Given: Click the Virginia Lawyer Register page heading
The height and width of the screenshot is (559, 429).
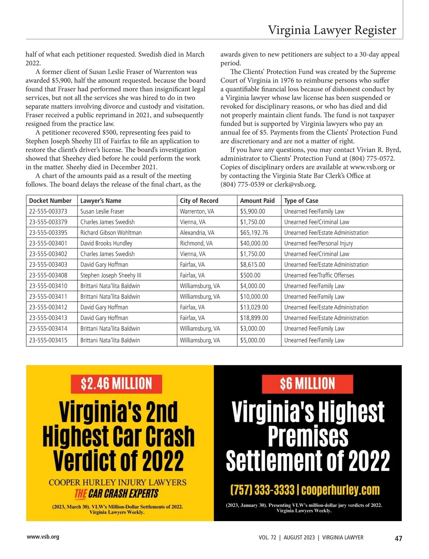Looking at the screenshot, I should tap(332, 30).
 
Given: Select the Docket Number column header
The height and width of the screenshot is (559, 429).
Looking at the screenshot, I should tap(50, 201).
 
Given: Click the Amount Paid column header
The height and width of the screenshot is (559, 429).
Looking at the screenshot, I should tap(257, 201).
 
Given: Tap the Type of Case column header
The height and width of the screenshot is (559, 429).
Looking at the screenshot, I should tap(301, 201).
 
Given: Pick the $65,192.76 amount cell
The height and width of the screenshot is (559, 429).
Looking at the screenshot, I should tap(254, 233).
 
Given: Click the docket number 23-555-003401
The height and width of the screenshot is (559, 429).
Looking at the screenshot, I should tap(48, 243).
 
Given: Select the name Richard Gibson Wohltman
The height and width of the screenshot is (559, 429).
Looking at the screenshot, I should tap(111, 233).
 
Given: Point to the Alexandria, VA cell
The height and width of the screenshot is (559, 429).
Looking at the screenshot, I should tap(197, 233).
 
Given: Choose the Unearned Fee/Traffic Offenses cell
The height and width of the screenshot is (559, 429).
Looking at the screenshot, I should tap(319, 275).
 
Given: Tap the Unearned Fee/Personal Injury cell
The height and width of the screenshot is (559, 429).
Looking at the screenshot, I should tap(318, 243).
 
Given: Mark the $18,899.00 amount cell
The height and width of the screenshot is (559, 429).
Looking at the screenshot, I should tap(254, 318).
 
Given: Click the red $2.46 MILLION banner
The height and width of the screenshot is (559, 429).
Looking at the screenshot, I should tap(116, 384).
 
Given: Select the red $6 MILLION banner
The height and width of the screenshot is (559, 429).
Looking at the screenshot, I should tap(307, 384).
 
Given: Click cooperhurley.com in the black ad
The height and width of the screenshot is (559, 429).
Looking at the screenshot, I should tap(340, 490).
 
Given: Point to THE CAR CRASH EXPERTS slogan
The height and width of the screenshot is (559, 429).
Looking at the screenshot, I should tap(116, 494).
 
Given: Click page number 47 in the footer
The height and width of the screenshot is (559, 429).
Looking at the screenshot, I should tap(398, 538).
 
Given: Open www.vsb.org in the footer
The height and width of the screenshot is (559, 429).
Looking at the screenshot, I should tap(43, 536).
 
